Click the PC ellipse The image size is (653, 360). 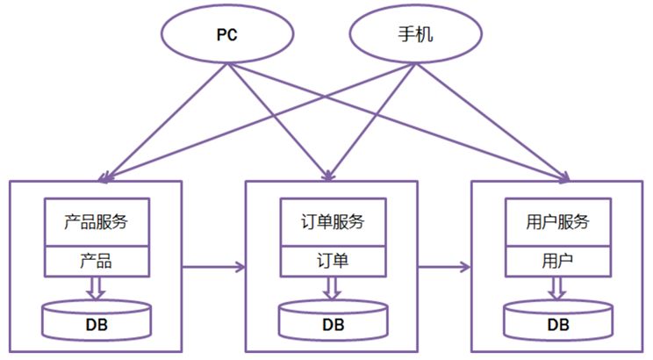[x=227, y=36]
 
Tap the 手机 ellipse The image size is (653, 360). [x=415, y=36]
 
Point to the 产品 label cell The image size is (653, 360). [x=96, y=261]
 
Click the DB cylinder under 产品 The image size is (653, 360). [x=96, y=320]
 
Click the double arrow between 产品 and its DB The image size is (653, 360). [x=96, y=287]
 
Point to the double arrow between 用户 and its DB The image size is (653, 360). [x=558, y=287]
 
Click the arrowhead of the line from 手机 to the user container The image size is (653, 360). [x=562, y=178]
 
